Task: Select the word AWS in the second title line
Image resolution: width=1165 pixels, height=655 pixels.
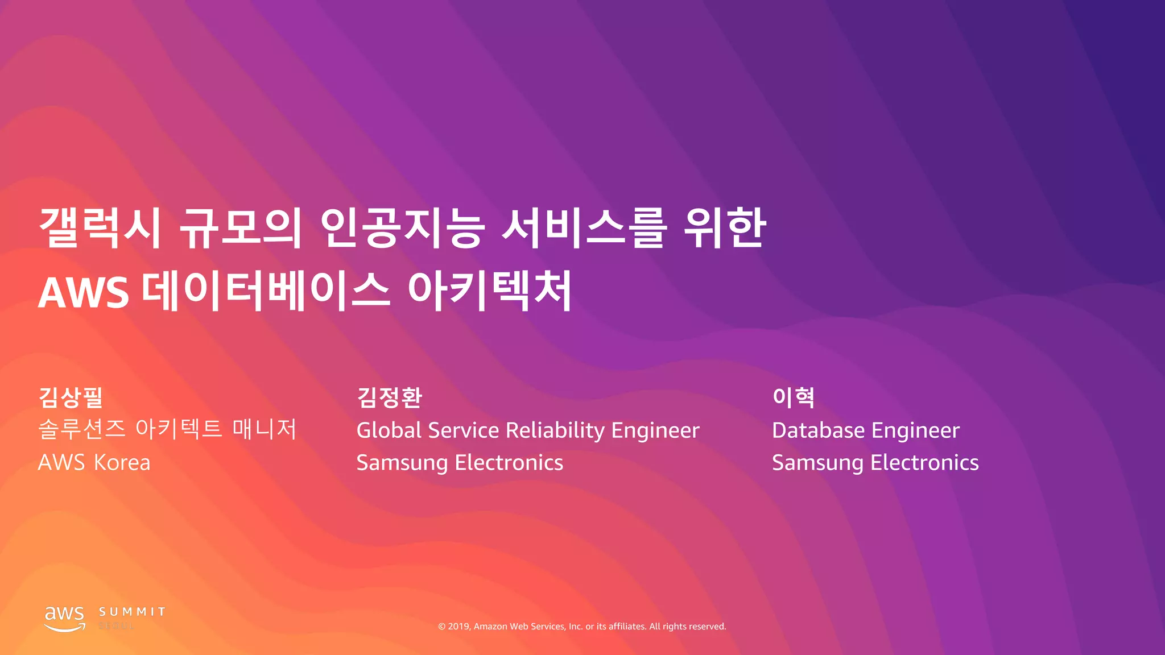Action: [83, 293]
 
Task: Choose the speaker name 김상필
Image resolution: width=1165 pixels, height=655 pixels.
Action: [71, 397]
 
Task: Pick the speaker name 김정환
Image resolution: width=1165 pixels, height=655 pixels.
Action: [389, 397]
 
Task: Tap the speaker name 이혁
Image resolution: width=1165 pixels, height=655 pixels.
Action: [793, 397]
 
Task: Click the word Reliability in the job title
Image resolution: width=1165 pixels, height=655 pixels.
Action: [555, 430]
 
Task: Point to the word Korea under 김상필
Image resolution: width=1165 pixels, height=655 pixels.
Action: [122, 463]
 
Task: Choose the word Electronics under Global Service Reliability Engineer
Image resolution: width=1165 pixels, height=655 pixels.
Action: [509, 463]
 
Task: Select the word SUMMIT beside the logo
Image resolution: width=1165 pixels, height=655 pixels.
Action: [132, 612]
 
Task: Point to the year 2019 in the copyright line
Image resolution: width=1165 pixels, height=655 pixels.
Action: [458, 627]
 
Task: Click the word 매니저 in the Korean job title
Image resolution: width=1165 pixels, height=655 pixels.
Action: [265, 429]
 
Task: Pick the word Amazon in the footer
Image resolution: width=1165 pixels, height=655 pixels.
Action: [490, 627]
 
